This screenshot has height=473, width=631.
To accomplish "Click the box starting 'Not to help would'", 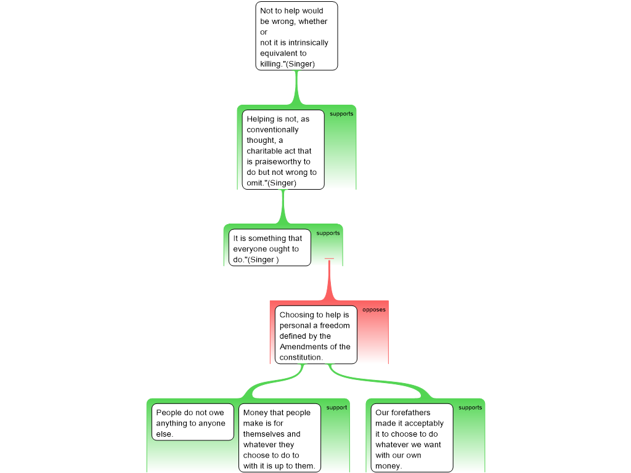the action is [x=296, y=36].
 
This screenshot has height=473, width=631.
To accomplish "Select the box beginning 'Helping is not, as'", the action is [x=283, y=150].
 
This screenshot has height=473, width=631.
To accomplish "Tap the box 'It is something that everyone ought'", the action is [x=270, y=248].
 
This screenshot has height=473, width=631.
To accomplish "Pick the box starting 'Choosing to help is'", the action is [x=316, y=335].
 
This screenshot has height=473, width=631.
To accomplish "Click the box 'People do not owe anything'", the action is [x=193, y=422].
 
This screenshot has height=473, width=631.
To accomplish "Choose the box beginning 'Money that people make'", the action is [x=280, y=438].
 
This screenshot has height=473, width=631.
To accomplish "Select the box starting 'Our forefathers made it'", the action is [x=412, y=438].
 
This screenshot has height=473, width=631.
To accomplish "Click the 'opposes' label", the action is [x=374, y=310].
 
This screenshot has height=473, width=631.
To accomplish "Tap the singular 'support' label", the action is [x=336, y=408].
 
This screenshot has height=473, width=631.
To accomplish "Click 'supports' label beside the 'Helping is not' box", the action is [x=341, y=114].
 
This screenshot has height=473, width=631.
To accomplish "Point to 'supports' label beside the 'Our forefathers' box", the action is [x=470, y=408].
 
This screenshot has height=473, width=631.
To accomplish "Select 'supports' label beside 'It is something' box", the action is [x=328, y=233].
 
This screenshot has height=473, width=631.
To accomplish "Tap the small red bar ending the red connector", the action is [x=329, y=259].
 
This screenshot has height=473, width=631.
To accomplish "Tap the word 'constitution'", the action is [x=301, y=357].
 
